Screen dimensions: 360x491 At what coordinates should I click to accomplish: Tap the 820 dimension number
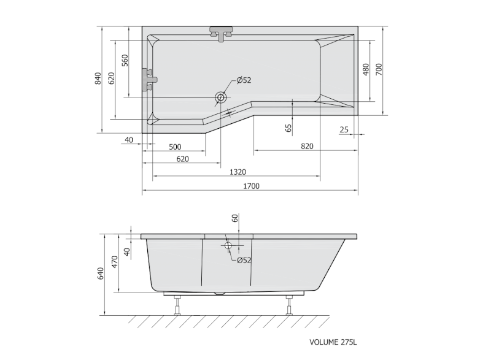point(307,146)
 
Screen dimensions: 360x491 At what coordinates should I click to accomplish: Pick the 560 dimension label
point(125,60)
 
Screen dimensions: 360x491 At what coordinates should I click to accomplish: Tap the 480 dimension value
point(366,69)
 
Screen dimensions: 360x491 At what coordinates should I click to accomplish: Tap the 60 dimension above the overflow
point(234,219)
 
